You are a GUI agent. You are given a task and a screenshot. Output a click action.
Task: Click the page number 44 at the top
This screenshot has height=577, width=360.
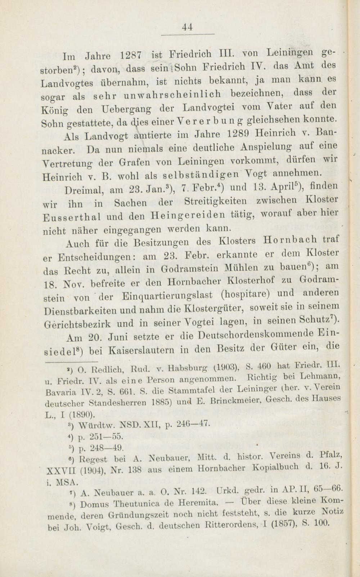coord(188,27)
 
